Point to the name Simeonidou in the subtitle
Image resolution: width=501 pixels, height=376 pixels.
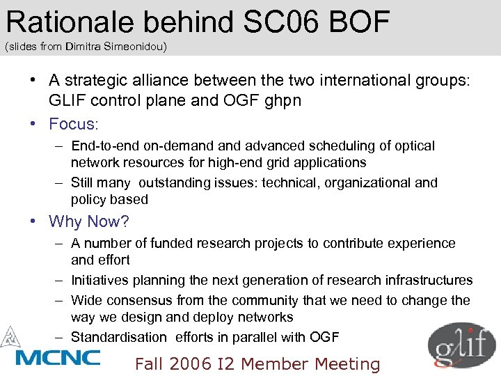[x=143, y=47]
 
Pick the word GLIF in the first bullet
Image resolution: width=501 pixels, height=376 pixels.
[x=66, y=100]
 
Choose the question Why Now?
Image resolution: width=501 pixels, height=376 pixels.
[x=88, y=221]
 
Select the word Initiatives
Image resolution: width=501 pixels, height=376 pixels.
[x=104, y=280]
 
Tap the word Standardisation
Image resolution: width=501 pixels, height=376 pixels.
[x=118, y=337]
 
